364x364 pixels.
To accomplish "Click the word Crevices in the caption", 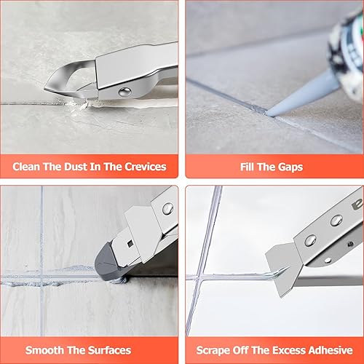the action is click(146, 167).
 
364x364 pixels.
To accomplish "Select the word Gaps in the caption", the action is click(290, 167).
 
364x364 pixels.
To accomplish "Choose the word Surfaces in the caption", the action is click(109, 350).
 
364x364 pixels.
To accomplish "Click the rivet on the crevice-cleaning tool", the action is click(125, 92).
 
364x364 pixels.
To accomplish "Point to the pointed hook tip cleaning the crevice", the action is click(46, 90).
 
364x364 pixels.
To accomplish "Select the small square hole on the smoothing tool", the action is click(130, 243).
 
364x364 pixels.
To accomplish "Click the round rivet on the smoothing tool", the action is click(167, 208).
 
